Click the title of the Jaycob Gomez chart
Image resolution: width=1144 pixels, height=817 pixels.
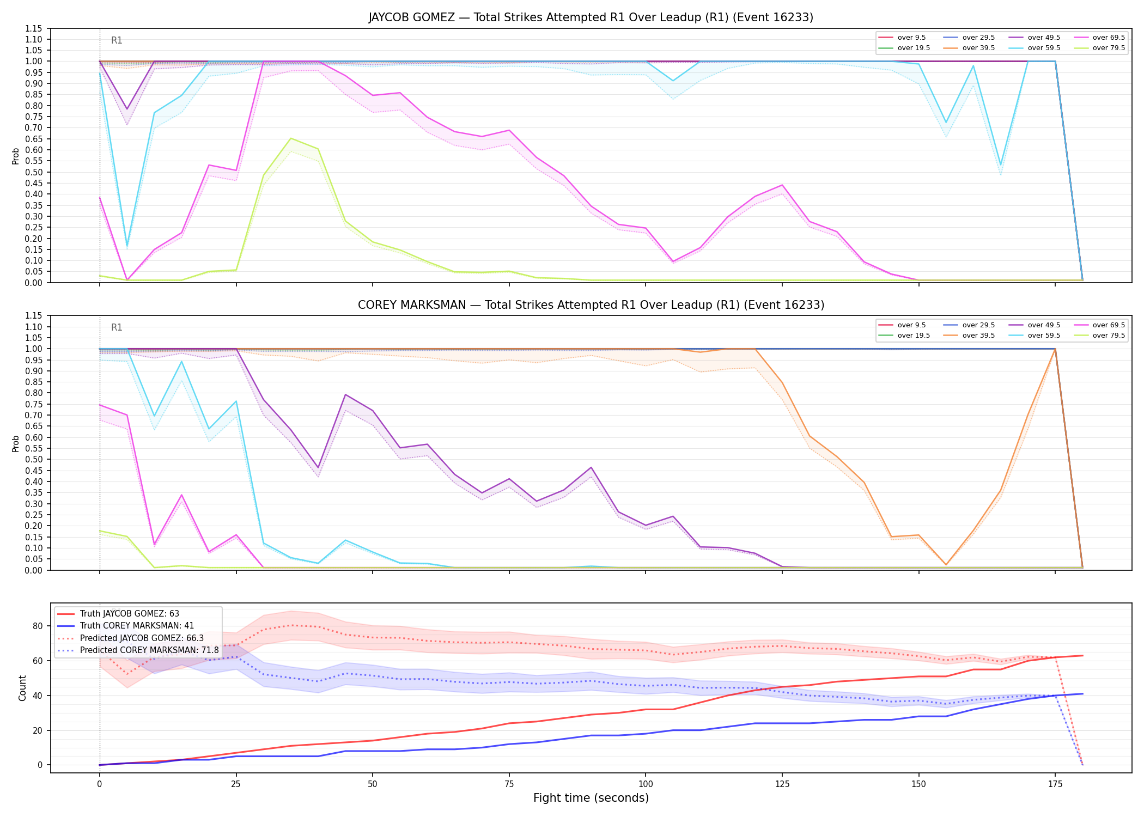pyautogui.click(x=591, y=17)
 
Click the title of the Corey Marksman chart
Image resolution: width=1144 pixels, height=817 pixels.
pyautogui.click(x=591, y=305)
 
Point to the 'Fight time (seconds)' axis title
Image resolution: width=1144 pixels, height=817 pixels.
pyautogui.click(x=591, y=798)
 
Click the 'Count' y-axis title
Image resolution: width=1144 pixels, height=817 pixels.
pyautogui.click(x=22, y=688)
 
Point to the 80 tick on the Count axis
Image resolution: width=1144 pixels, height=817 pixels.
pyautogui.click(x=38, y=626)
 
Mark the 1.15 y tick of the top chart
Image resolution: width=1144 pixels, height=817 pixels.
pyautogui.click(x=34, y=28)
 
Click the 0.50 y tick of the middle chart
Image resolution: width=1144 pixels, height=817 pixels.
pyautogui.click(x=34, y=459)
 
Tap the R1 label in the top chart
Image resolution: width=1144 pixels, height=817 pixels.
pyautogui.click(x=117, y=40)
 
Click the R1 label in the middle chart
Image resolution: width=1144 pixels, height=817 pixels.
pyautogui.click(x=117, y=327)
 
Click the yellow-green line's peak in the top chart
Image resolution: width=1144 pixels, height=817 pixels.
pyautogui.click(x=291, y=138)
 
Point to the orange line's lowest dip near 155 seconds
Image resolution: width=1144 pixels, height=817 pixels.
pyautogui.click(x=946, y=565)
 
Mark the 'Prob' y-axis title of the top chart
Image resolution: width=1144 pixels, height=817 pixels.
pyautogui.click(x=16, y=156)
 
